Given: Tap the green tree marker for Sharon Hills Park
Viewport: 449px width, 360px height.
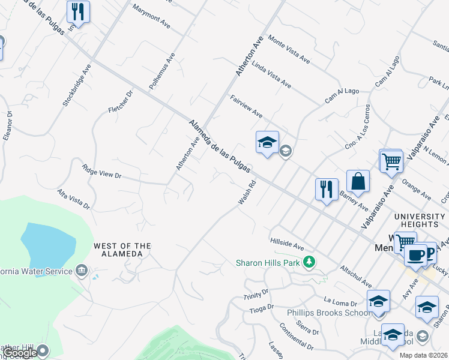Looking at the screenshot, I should point(309,262).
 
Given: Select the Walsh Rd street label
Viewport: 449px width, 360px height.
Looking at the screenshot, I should point(247,193).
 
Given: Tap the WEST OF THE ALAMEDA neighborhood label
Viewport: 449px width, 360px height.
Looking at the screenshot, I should point(122,250).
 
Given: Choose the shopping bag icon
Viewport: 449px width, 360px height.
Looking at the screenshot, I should point(358,181).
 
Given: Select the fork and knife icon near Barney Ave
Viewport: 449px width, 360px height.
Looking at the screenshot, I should point(326,189).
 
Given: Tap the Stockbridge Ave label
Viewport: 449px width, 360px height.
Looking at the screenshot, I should point(76,86).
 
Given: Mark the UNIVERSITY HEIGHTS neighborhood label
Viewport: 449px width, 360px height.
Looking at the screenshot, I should point(420,220).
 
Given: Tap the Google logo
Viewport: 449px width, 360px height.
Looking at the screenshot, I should point(20,353).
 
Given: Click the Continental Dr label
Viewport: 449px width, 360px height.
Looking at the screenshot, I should point(297,337).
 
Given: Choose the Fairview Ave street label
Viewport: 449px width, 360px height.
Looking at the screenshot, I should point(246,106).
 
